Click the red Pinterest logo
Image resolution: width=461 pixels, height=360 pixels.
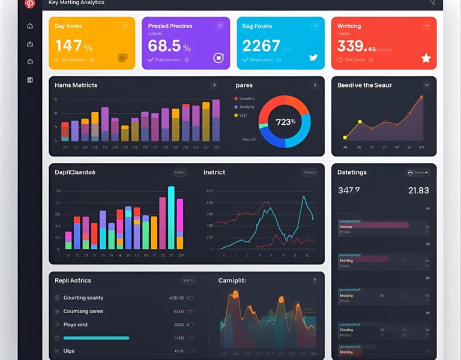pos(29,4)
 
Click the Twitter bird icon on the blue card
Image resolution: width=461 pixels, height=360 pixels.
pos(313,58)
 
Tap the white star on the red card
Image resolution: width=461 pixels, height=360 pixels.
pos(426,58)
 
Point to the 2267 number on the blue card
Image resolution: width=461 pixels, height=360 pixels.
pos(261,46)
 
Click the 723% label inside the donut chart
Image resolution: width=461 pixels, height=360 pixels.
pos(285,122)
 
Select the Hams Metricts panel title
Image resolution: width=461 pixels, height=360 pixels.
pos(76,85)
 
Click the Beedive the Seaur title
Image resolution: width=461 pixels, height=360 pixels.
pos(364,85)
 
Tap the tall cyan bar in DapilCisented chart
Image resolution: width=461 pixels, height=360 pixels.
pos(171,217)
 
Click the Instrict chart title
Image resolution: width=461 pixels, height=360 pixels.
pos(214,172)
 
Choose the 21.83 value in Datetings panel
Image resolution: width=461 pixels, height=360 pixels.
pos(418,190)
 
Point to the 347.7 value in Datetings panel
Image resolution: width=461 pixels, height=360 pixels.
pos(349,190)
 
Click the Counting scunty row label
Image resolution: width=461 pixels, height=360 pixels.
pos(83,298)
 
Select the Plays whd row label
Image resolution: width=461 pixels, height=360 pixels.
pos(75,325)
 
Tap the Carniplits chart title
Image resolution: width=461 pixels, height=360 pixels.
pos(232,280)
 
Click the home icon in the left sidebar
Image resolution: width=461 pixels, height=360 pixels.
pos(30,26)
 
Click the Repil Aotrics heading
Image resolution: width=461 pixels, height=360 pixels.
pos(73,280)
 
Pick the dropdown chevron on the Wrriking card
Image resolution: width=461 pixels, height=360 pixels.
pos(426,26)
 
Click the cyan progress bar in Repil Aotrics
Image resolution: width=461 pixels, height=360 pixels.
pos(96,338)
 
